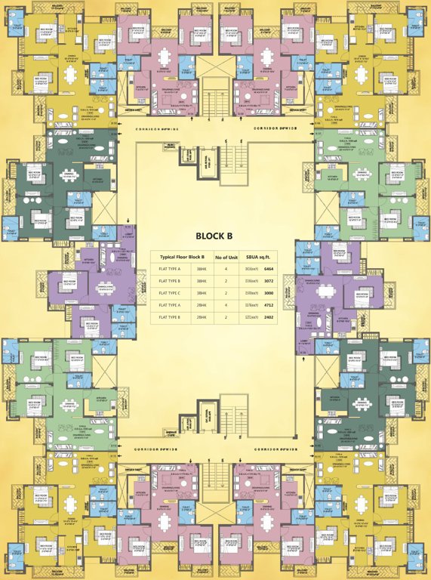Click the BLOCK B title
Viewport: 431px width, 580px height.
pos(214,235)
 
